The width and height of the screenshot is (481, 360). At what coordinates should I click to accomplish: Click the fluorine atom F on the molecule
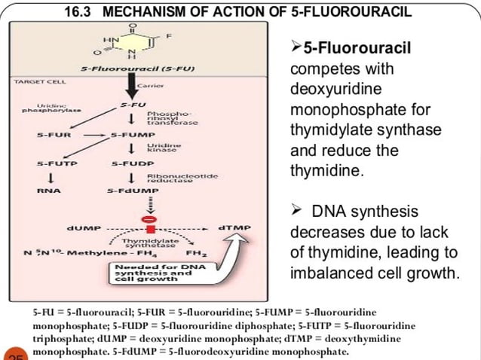tap(169, 35)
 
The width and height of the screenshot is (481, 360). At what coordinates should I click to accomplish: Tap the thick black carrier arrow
tap(133, 86)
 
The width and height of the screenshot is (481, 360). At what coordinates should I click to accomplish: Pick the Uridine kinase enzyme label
tap(161, 148)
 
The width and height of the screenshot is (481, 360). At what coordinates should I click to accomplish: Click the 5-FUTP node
tap(54, 163)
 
